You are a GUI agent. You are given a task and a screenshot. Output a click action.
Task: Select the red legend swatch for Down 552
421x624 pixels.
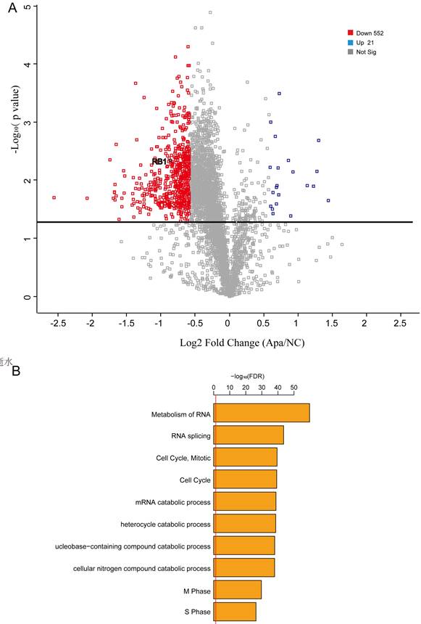pyautogui.click(x=351, y=33)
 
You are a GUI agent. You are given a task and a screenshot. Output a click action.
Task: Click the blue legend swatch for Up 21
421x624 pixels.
pyautogui.click(x=351, y=42)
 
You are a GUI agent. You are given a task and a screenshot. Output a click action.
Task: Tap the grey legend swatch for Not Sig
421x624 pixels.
pyautogui.click(x=351, y=52)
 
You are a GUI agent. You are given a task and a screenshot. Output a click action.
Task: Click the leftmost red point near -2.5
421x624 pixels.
pyautogui.click(x=54, y=197)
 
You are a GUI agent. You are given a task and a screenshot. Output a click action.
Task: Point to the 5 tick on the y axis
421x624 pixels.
pyautogui.click(x=27, y=6)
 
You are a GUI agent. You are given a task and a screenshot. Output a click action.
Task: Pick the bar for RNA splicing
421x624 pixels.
pyautogui.click(x=249, y=435)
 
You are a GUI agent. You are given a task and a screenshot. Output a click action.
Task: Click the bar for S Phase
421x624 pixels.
pyautogui.click(x=235, y=612)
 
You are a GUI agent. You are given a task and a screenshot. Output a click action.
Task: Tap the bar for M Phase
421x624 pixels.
pyautogui.click(x=238, y=589)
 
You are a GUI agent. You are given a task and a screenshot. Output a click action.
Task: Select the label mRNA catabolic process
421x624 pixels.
pyautogui.click(x=173, y=502)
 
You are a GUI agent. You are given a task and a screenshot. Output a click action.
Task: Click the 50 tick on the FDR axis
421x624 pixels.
pyautogui.click(x=293, y=388)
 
